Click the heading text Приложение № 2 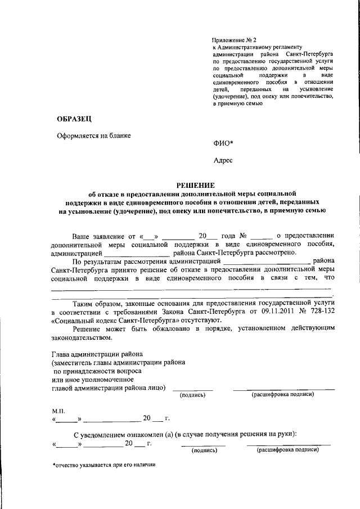234,40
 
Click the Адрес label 223,160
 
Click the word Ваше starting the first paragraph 85,235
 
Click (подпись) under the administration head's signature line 192,395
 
